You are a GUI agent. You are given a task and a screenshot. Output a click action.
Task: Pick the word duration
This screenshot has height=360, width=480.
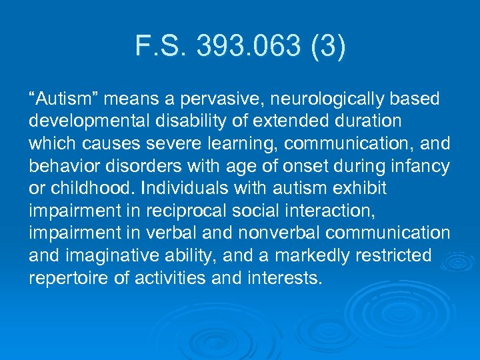click(369, 121)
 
